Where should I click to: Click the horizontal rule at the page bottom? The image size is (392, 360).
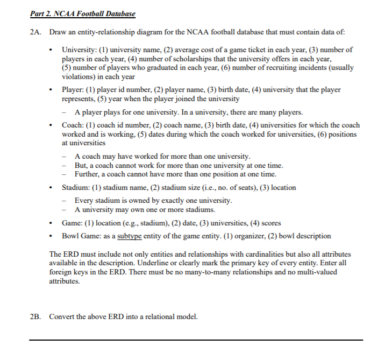196,340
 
